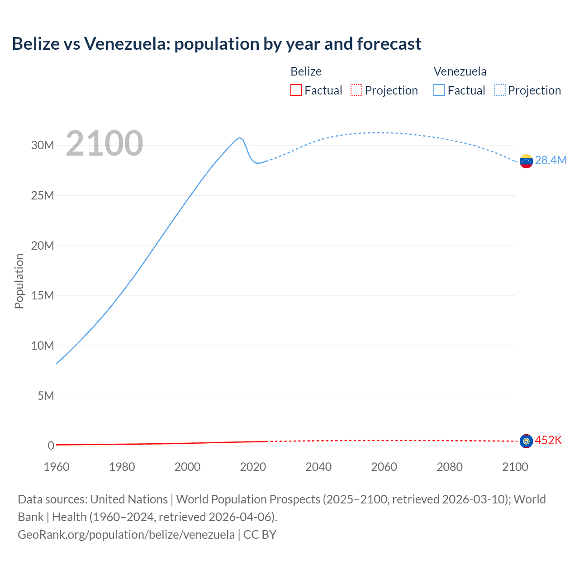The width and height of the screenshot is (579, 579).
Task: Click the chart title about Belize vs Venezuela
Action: (216, 44)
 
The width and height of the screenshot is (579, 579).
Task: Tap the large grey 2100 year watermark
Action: (104, 143)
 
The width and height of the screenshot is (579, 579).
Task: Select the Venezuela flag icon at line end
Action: (526, 161)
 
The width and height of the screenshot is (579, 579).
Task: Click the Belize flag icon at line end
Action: (526, 441)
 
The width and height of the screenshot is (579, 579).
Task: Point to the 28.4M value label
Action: (551, 161)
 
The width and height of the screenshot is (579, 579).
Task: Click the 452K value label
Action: (548, 440)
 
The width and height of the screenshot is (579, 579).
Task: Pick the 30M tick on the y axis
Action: (43, 146)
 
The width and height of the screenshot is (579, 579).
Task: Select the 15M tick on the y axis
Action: (43, 296)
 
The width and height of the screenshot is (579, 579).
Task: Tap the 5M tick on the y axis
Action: (46, 396)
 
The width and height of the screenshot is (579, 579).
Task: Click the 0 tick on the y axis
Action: (51, 446)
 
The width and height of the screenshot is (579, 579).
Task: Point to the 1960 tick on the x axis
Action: (57, 467)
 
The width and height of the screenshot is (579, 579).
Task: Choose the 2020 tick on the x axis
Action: (253, 467)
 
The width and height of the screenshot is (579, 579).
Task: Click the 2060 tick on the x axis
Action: (384, 467)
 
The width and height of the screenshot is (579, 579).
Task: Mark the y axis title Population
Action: (19, 281)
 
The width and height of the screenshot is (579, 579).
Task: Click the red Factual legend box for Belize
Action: (296, 90)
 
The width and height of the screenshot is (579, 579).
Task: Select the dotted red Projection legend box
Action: (356, 90)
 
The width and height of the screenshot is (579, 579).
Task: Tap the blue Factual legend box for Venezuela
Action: (439, 90)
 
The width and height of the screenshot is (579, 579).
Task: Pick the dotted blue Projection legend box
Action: (500, 90)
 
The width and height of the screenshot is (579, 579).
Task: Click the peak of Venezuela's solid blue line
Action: (239, 138)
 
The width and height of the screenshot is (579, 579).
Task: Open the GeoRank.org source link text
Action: (126, 535)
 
